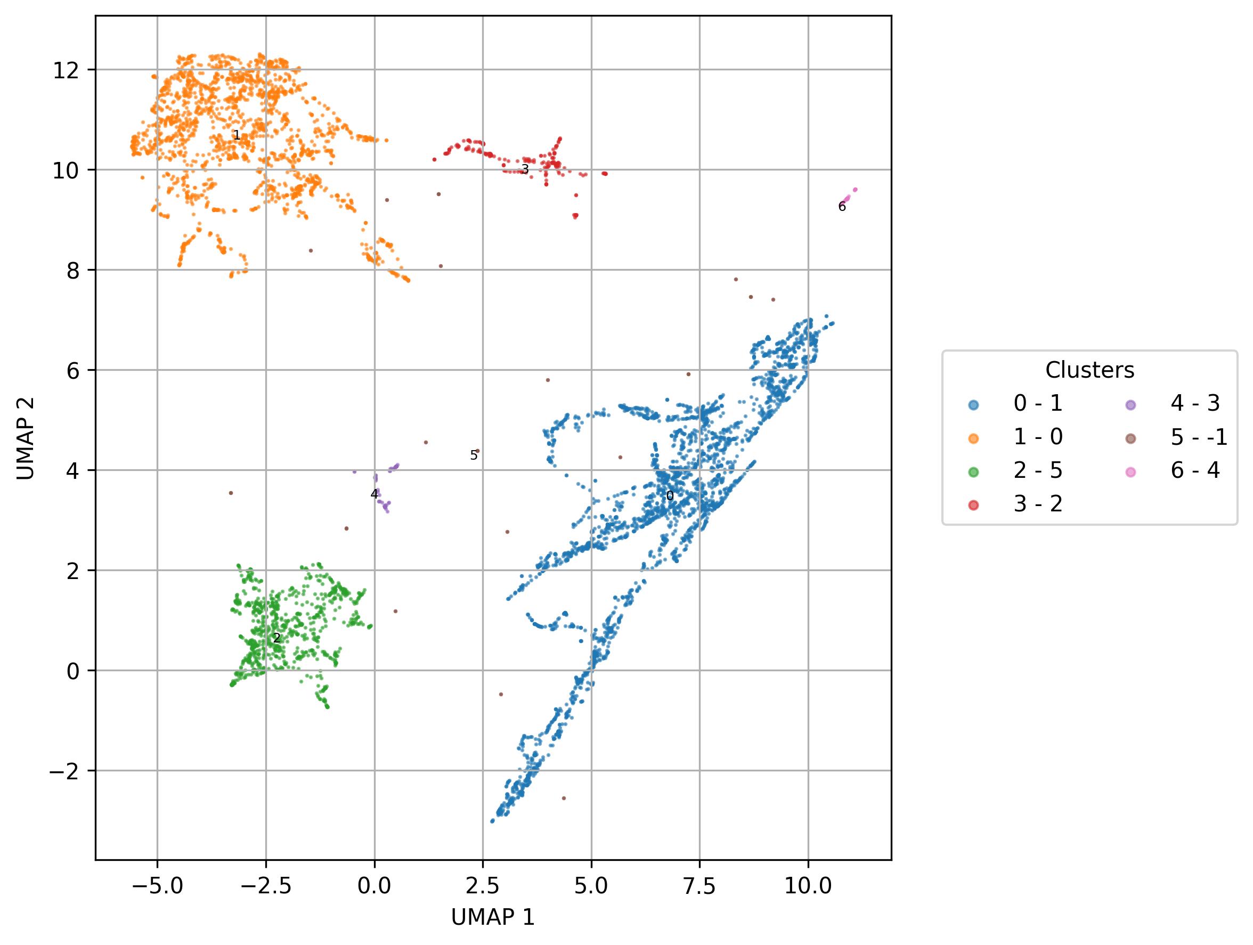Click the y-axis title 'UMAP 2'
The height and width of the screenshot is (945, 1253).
click(x=26, y=438)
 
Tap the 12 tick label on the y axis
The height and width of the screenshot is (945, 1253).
click(x=66, y=70)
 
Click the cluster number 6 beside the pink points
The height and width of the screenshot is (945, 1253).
click(x=842, y=207)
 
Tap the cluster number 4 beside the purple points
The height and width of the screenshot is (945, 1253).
click(x=374, y=494)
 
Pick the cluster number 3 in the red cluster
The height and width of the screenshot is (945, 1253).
click(x=525, y=169)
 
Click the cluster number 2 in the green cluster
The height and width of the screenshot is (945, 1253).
click(x=276, y=639)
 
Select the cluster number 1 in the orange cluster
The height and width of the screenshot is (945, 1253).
click(x=237, y=136)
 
